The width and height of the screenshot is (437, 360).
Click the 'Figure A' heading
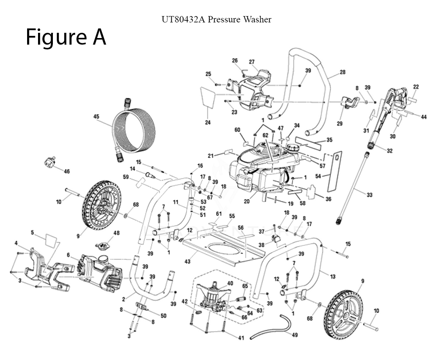click(x=66, y=37)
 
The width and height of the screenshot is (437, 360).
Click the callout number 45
click(x=97, y=117)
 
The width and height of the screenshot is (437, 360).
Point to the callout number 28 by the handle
click(x=342, y=72)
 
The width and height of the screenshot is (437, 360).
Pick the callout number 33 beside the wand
click(x=370, y=195)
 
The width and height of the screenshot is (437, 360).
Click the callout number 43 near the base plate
click(x=187, y=261)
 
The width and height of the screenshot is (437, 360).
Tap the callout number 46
click(x=67, y=171)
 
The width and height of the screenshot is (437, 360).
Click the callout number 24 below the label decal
click(x=208, y=122)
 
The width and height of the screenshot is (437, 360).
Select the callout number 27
click(x=252, y=62)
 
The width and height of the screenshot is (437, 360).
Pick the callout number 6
click(x=69, y=255)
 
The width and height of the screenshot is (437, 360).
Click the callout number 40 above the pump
click(x=230, y=283)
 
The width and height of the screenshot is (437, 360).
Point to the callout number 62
click(x=265, y=136)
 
